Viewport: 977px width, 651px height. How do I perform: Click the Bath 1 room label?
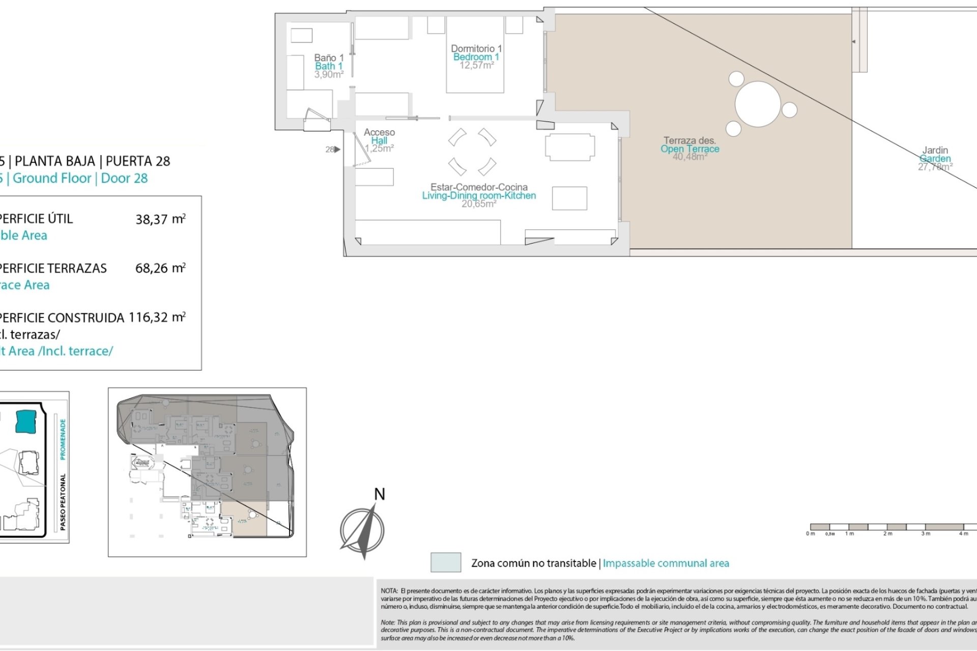pyautogui.click(x=329, y=66)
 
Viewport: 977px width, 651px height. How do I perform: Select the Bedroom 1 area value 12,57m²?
pyautogui.click(x=476, y=66)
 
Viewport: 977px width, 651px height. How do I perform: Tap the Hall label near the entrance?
pyautogui.click(x=379, y=141)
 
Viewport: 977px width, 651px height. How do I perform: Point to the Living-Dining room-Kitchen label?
pyautogui.click(x=479, y=196)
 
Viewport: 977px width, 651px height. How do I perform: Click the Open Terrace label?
pyautogui.click(x=689, y=149)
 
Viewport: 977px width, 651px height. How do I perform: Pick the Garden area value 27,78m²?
pyautogui.click(x=935, y=167)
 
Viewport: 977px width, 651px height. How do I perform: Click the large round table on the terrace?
pyautogui.click(x=757, y=104)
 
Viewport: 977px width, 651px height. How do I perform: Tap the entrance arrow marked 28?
pyautogui.click(x=337, y=150)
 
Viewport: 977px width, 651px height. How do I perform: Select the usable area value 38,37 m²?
pyautogui.click(x=160, y=219)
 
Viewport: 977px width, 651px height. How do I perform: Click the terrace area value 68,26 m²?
pyautogui.click(x=160, y=269)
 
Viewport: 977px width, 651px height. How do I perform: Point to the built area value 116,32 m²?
pyautogui.click(x=157, y=318)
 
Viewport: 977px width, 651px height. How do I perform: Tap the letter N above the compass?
pyautogui.click(x=380, y=494)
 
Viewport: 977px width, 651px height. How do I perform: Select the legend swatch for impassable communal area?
pyautogui.click(x=446, y=563)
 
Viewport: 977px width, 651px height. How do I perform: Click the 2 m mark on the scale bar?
pyautogui.click(x=887, y=534)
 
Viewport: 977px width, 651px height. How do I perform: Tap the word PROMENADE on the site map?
pyautogui.click(x=63, y=439)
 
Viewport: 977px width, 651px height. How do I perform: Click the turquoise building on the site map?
pyautogui.click(x=26, y=422)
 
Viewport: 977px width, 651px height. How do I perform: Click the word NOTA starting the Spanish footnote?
pyautogui.click(x=389, y=591)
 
